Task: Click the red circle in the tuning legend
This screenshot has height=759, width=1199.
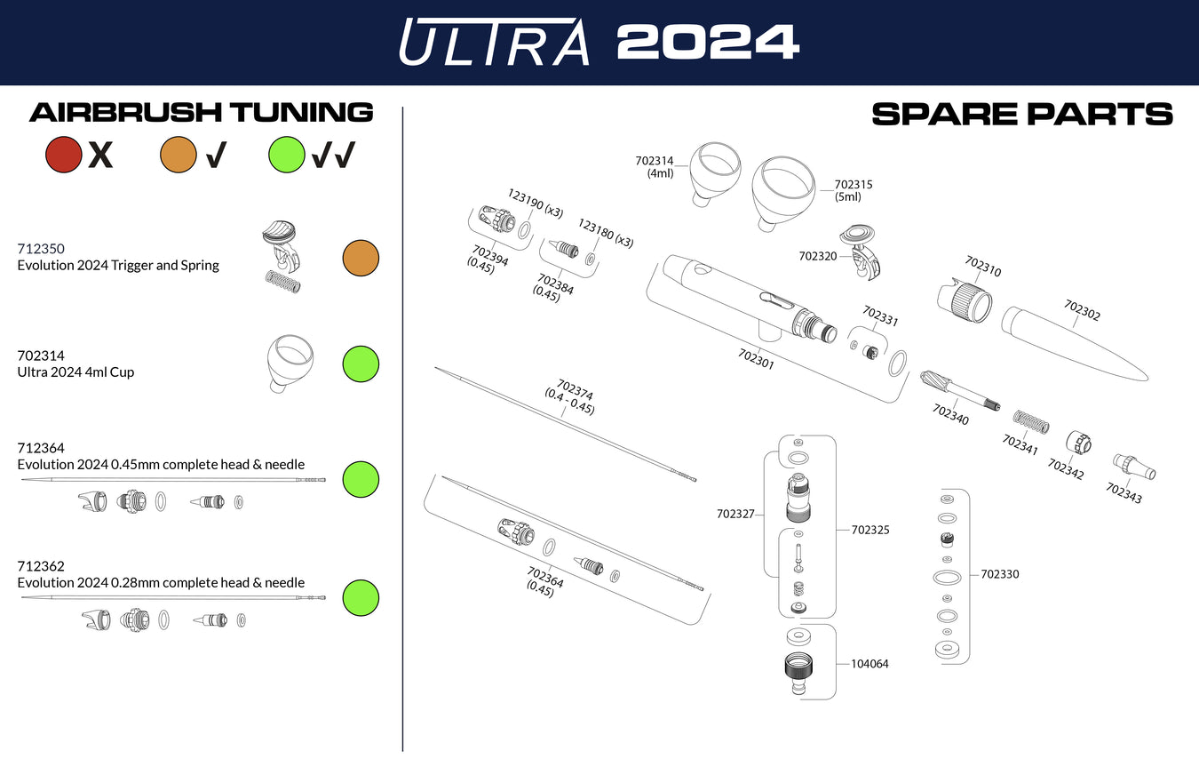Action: pyautogui.click(x=64, y=155)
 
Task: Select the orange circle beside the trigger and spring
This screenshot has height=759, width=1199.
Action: pyautogui.click(x=361, y=259)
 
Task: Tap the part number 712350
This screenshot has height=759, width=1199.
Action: pyautogui.click(x=41, y=249)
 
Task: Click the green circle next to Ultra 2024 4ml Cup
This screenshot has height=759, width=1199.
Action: pyautogui.click(x=361, y=364)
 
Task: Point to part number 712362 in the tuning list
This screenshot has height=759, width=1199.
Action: pyautogui.click(x=41, y=566)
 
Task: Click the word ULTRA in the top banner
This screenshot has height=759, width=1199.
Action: pyautogui.click(x=494, y=42)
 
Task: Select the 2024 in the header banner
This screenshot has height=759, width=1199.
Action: pyautogui.click(x=707, y=42)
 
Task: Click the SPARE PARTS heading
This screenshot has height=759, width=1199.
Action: pyautogui.click(x=1021, y=114)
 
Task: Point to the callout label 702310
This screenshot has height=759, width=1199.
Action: pyautogui.click(x=982, y=267)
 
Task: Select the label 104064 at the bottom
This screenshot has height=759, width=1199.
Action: pyautogui.click(x=869, y=664)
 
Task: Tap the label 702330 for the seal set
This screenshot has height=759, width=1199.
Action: pyautogui.click(x=1000, y=574)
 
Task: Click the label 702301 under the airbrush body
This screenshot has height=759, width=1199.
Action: pyautogui.click(x=756, y=358)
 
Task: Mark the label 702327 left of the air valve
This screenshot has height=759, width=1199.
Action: pyautogui.click(x=735, y=514)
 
